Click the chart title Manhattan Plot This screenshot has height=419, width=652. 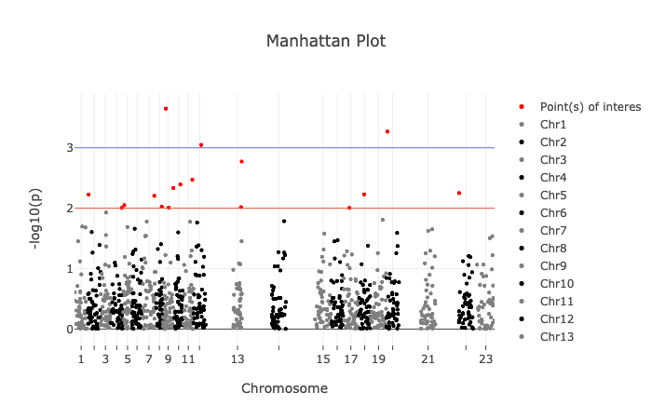pos(325,41)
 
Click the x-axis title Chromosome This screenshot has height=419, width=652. pos(284,387)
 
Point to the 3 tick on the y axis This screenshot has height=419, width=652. pos(69,147)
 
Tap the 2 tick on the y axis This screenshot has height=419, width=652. pos(69,208)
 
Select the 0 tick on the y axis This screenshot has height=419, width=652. pos(69,329)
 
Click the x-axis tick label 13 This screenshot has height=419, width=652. pos(238,358)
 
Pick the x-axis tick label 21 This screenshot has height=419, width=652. pos(428,358)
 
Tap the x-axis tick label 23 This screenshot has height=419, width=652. pos(485,358)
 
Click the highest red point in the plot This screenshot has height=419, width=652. pos(166,109)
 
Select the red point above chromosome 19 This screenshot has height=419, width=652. pos(387,131)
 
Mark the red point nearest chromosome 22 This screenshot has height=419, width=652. pos(459,193)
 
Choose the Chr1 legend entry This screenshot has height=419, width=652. pos(553,124)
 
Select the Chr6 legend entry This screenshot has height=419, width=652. pos(553,212)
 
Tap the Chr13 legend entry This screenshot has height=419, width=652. pos(556,336)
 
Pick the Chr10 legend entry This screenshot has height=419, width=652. pos(556,283)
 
